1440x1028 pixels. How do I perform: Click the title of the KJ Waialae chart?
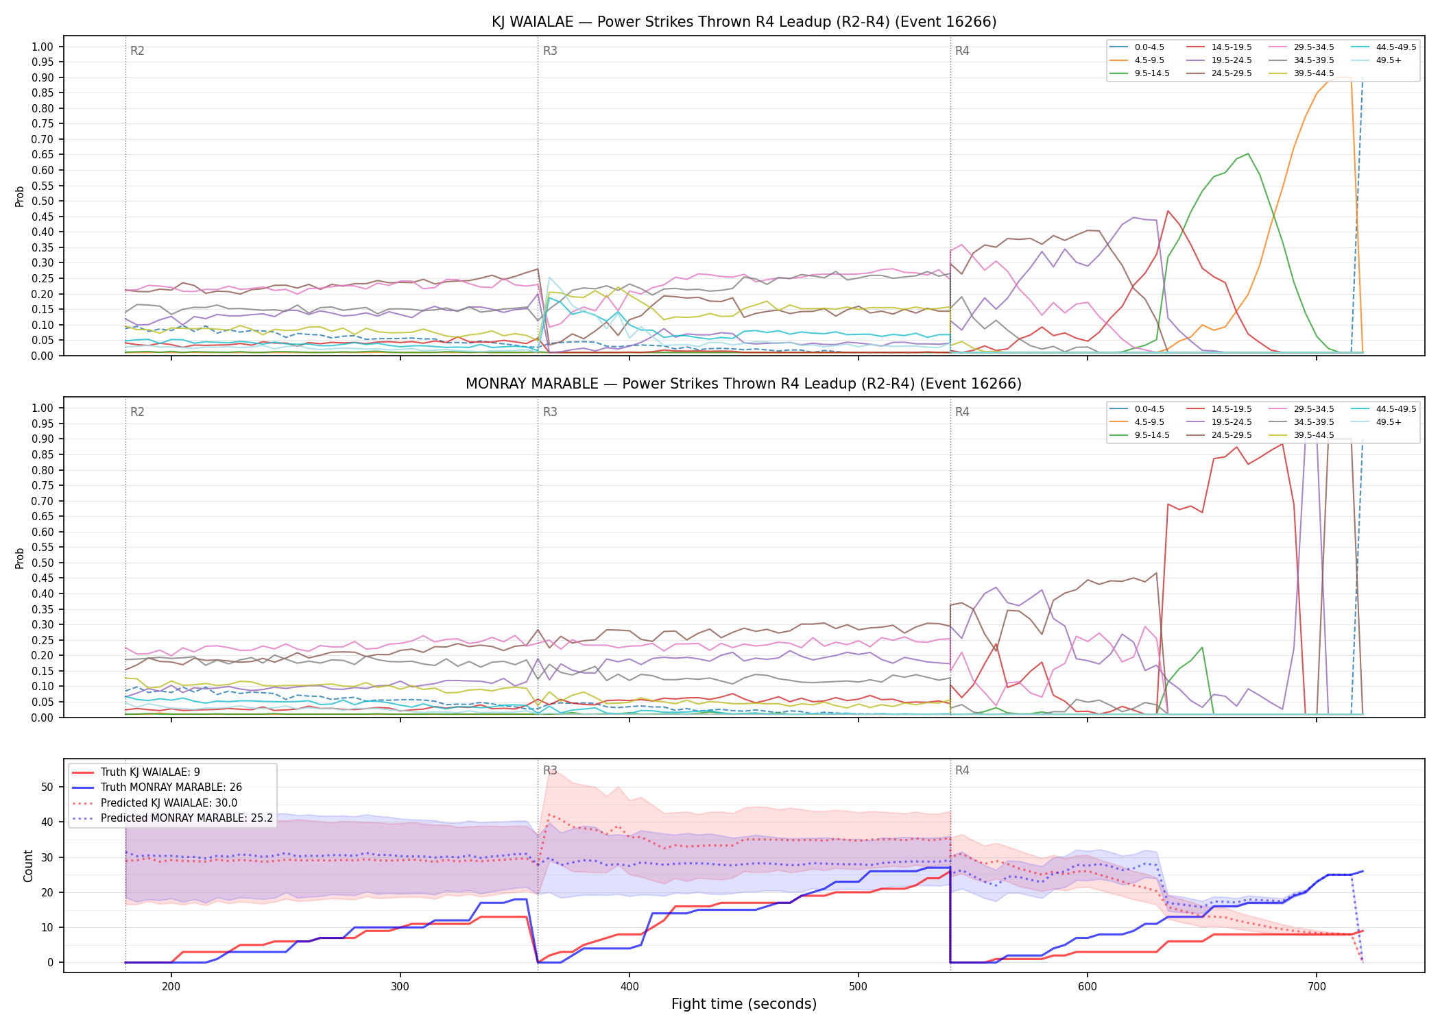pyautogui.click(x=744, y=22)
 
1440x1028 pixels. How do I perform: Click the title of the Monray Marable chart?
pyautogui.click(x=744, y=384)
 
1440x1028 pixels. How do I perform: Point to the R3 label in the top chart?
pyautogui.click(x=550, y=51)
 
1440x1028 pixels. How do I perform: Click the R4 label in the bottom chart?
pyautogui.click(x=962, y=770)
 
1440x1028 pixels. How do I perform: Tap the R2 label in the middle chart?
pyautogui.click(x=137, y=412)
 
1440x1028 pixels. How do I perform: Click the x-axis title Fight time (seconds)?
pyautogui.click(x=744, y=1004)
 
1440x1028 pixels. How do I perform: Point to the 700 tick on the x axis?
pyautogui.click(x=1317, y=986)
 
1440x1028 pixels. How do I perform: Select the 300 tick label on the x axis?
pyautogui.click(x=400, y=986)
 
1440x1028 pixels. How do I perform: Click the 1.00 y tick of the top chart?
pyautogui.click(x=43, y=47)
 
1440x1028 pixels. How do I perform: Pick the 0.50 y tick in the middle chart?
pyautogui.click(x=43, y=563)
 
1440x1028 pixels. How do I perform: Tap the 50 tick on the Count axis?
pyautogui.click(x=47, y=787)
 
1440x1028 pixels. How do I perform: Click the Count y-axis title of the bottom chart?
pyautogui.click(x=28, y=866)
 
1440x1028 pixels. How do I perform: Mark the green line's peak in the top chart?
pyautogui.click(x=1248, y=154)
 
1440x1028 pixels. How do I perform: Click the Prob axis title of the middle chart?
pyautogui.click(x=20, y=558)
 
